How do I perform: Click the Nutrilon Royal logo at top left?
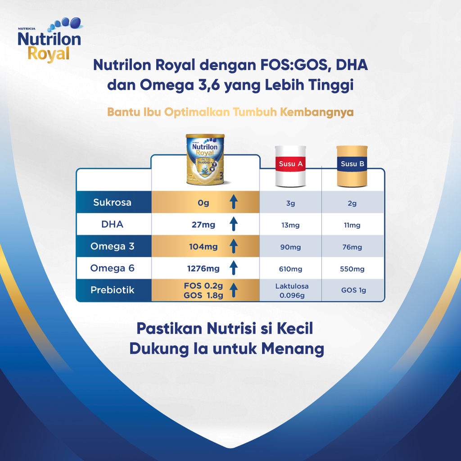pos(50,40)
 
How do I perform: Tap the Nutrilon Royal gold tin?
pos(205,160)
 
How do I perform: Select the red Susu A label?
pos(290,164)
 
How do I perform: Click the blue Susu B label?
pos(352,164)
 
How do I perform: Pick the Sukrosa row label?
pos(112,202)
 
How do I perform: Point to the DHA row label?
pos(112,224)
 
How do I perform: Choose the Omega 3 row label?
pos(112,246)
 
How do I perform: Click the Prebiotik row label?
pos(112,290)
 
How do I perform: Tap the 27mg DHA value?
pos(203,225)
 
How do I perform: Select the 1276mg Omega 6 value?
pos(203,268)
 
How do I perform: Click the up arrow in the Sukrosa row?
pos(234,202)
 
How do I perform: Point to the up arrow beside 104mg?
pos(234,246)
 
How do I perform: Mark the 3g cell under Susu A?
pos(290,203)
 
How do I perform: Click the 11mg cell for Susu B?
pos(352,225)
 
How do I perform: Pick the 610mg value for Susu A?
pos(290,269)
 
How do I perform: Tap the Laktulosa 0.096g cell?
pos(292,290)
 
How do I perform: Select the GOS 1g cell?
pos(354,290)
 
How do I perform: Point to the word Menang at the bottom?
pos(293,349)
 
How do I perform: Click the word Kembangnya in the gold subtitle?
pos(316,112)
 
